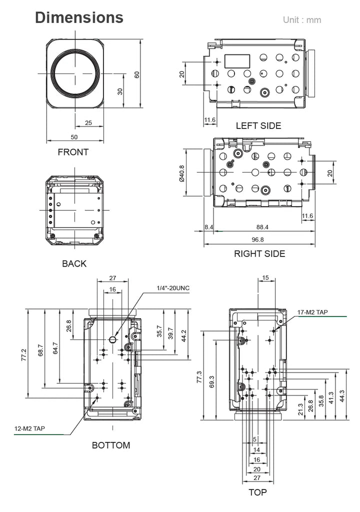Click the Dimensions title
tap(79, 17)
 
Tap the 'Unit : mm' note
tap(302, 20)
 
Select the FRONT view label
tap(73, 152)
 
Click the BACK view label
tap(74, 263)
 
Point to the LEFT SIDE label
tap(258, 125)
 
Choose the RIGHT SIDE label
tap(259, 253)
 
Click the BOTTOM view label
tap(111, 445)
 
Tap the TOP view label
tap(257, 492)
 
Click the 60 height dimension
tap(137, 75)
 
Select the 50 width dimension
tap(74, 137)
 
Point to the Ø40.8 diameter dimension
tap(181, 173)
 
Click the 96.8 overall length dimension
tap(257, 239)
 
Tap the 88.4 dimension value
tap(262, 227)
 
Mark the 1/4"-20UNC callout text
tap(173, 288)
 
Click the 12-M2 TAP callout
tap(29, 428)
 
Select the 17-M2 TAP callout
tap(312, 312)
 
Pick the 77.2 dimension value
tap(24, 354)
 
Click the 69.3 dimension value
tap(211, 381)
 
